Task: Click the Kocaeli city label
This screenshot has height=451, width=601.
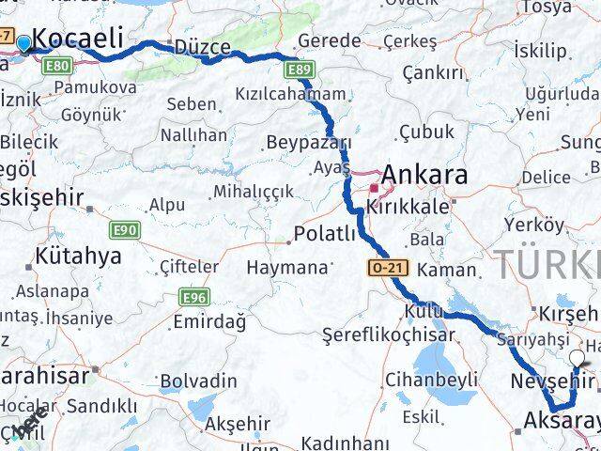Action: tap(78, 39)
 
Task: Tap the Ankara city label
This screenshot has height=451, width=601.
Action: tap(424, 176)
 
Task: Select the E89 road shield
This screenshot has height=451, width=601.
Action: tap(300, 70)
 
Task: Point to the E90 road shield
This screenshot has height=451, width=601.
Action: tap(125, 229)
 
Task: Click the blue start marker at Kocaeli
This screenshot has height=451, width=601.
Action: tap(23, 41)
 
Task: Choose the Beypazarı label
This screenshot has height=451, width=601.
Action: tap(308, 143)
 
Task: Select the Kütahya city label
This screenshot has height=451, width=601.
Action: tap(78, 256)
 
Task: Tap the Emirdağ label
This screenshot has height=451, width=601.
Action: tap(209, 322)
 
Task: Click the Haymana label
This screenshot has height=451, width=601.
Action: tap(286, 267)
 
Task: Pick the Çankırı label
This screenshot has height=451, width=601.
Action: tap(433, 72)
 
